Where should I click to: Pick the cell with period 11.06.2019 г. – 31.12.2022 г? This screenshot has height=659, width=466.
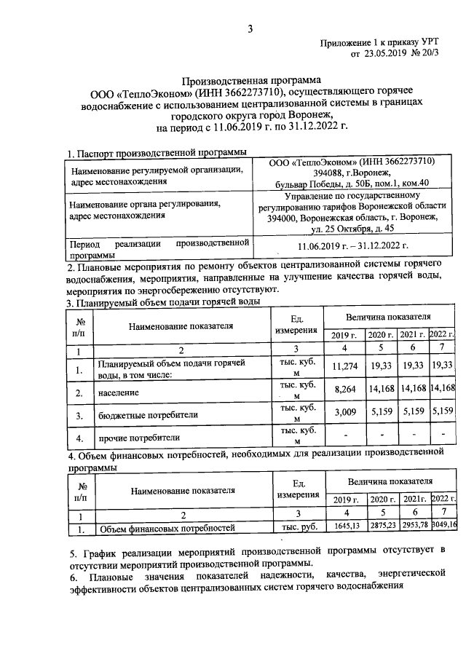click(352, 247)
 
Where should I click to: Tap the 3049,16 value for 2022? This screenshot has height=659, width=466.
click(443, 525)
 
